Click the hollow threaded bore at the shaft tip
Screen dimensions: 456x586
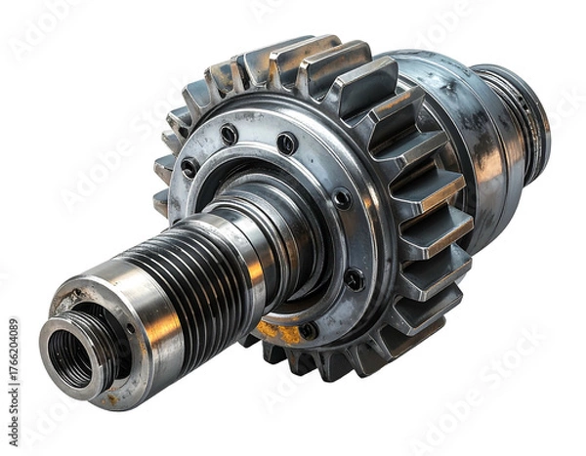tap(70, 357)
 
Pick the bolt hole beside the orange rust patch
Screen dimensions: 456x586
tap(308, 330)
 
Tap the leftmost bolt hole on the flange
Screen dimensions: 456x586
tap(188, 168)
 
